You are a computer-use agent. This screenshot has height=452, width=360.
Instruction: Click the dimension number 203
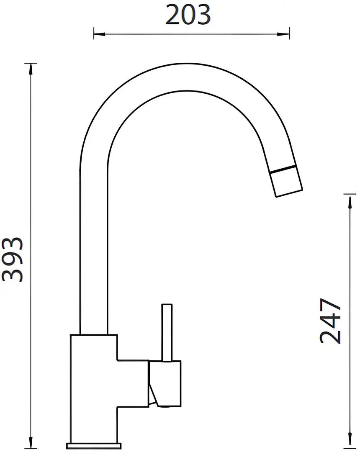(188, 15)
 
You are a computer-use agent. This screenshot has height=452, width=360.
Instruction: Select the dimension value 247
(330, 321)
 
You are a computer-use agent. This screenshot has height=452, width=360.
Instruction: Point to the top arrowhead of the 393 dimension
(31, 68)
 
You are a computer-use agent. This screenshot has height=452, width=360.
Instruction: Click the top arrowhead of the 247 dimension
(349, 200)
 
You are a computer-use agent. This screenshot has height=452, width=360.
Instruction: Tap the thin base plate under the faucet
(95, 445)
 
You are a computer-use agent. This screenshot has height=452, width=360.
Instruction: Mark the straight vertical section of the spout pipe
(94, 251)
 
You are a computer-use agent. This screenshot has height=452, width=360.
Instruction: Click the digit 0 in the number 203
(188, 15)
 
